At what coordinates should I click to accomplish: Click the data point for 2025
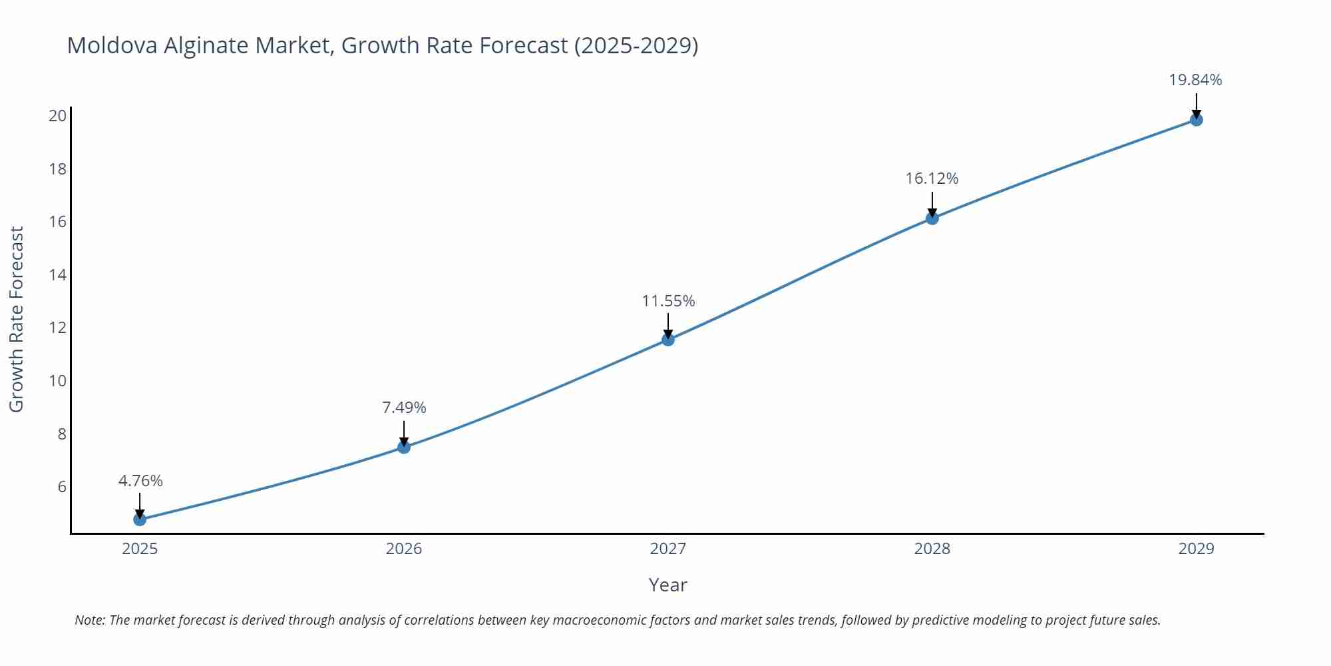[140, 519]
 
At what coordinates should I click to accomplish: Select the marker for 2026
[404, 447]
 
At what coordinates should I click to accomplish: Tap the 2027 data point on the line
[668, 340]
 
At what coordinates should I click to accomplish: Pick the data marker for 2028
[932, 218]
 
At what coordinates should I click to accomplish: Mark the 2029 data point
[1196, 120]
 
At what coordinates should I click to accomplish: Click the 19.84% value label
[1195, 80]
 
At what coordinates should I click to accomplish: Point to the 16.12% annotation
[932, 178]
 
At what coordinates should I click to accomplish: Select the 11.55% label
[668, 301]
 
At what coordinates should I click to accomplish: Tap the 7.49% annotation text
[404, 408]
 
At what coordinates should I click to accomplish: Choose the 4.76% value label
[140, 481]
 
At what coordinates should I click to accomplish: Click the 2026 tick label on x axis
[404, 549]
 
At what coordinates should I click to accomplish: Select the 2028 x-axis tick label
[932, 549]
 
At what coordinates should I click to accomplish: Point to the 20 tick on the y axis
[58, 116]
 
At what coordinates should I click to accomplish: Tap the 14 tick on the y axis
[58, 274]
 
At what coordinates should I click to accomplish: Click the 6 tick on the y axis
[62, 487]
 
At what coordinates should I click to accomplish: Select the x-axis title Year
[667, 585]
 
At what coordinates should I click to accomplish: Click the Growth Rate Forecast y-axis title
[17, 319]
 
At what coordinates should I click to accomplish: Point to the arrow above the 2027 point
[668, 325]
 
